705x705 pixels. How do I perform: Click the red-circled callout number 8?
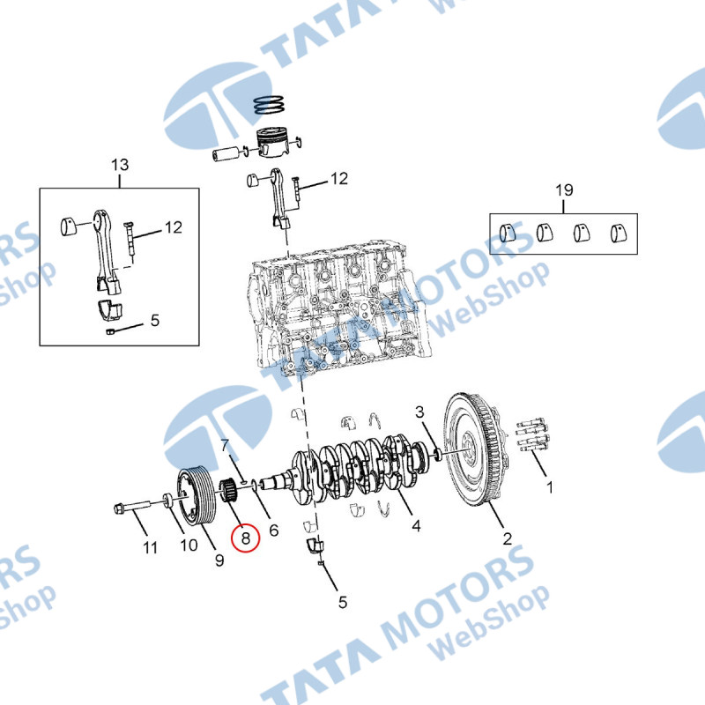[246, 538]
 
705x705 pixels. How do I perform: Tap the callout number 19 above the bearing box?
[564, 190]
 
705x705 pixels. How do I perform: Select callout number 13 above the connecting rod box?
[120, 165]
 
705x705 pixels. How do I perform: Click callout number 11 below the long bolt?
[150, 547]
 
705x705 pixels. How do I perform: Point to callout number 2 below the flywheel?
[508, 538]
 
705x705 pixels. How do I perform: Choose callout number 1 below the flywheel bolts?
[549, 487]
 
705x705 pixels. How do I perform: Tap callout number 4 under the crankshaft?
[416, 525]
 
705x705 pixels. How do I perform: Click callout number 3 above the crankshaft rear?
[419, 412]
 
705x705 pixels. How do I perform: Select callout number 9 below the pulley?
[219, 560]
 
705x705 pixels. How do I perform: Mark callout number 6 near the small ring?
[274, 531]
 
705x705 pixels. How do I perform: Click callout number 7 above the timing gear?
[226, 446]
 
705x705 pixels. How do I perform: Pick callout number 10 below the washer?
[189, 545]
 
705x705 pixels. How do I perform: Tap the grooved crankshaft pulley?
[197, 495]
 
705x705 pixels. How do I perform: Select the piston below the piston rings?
[271, 143]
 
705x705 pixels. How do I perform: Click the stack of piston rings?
[269, 105]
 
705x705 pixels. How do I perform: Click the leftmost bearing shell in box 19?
[508, 233]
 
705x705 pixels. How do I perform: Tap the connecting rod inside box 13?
[107, 251]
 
